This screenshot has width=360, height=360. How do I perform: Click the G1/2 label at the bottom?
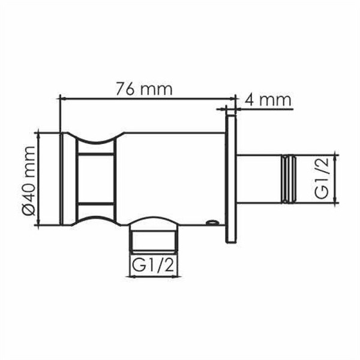pos(155,264)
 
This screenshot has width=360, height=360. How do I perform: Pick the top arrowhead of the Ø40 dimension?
pos(40,133)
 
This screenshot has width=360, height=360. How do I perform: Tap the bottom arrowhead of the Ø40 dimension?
pos(40,224)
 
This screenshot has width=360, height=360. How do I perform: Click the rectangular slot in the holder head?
pos(95,178)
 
